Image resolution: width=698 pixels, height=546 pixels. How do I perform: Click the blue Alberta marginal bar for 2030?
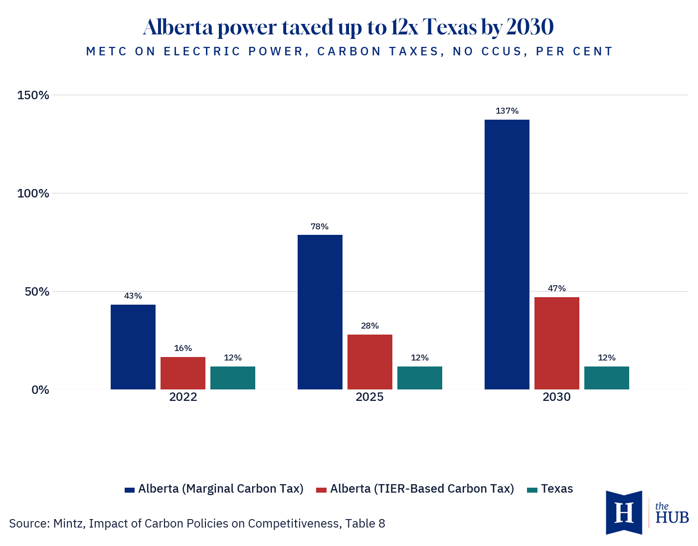point(507,254)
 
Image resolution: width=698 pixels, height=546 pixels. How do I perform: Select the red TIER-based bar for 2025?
point(370,362)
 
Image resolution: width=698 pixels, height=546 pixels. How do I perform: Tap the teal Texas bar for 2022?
point(232,377)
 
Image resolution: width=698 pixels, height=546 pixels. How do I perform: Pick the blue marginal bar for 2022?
point(133,347)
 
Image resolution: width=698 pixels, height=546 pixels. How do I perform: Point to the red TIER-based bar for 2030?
point(557,344)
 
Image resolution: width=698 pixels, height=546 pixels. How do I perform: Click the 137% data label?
point(507,111)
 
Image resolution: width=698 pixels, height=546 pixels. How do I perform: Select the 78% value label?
point(319,226)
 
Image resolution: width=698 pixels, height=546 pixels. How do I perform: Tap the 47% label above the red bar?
point(557,288)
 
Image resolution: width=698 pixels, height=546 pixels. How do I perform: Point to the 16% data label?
point(183,348)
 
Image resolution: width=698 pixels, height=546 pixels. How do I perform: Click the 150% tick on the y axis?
point(33,95)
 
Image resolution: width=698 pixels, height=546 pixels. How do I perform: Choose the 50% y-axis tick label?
point(37,292)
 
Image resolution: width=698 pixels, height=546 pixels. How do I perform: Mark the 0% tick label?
point(40,389)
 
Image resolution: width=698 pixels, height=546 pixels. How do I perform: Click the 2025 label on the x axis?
point(369,397)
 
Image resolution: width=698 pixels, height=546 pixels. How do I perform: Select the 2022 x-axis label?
point(183,397)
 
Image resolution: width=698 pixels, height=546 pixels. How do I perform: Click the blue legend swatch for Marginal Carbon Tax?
point(130,490)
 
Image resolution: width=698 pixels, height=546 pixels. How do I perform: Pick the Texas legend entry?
point(550,489)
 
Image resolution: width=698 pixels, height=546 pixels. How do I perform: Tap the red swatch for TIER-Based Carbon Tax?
point(321,490)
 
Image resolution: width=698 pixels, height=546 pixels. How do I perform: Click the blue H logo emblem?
point(624,512)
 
